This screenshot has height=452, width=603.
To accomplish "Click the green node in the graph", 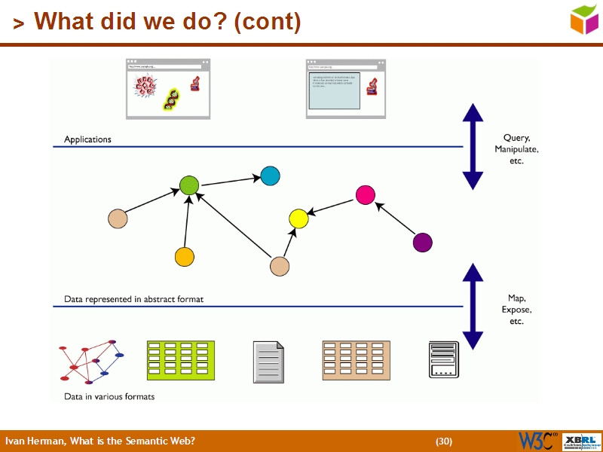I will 189,185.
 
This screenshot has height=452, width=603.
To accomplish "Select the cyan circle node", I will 270,176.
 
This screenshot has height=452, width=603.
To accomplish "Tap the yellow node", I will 299,219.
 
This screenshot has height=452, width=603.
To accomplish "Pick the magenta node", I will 366,194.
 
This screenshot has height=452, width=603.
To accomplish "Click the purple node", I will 423,243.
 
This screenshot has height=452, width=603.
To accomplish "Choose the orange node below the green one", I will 185,257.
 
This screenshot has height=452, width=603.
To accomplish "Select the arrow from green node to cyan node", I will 230,181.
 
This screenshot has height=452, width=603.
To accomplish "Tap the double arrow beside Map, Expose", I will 473,306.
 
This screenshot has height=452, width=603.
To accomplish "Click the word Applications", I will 87,139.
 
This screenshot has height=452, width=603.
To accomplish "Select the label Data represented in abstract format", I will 133,299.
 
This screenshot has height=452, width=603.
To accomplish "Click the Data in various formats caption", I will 109,396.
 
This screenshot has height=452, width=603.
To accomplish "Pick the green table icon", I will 180,360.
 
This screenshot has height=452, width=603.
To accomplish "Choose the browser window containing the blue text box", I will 346,89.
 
